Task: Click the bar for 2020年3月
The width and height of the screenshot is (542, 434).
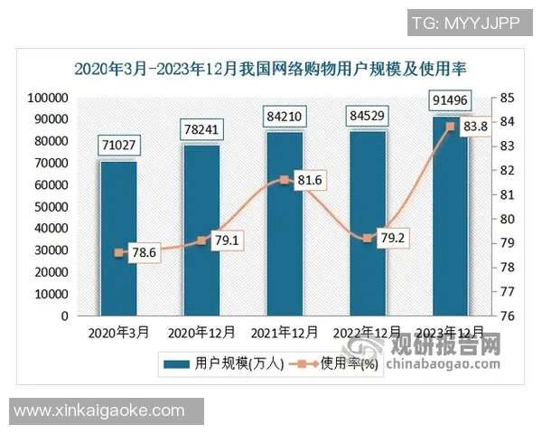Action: [x=118, y=239]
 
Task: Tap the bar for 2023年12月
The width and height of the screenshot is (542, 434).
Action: [x=450, y=216]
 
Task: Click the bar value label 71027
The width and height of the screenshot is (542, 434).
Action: [x=119, y=145]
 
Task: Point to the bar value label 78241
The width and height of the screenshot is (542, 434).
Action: [x=202, y=127]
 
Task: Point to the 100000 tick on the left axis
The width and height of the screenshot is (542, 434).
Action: [x=48, y=98]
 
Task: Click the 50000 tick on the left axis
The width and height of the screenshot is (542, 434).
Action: [x=51, y=207]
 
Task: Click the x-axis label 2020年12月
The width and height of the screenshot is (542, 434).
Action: [x=201, y=333]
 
